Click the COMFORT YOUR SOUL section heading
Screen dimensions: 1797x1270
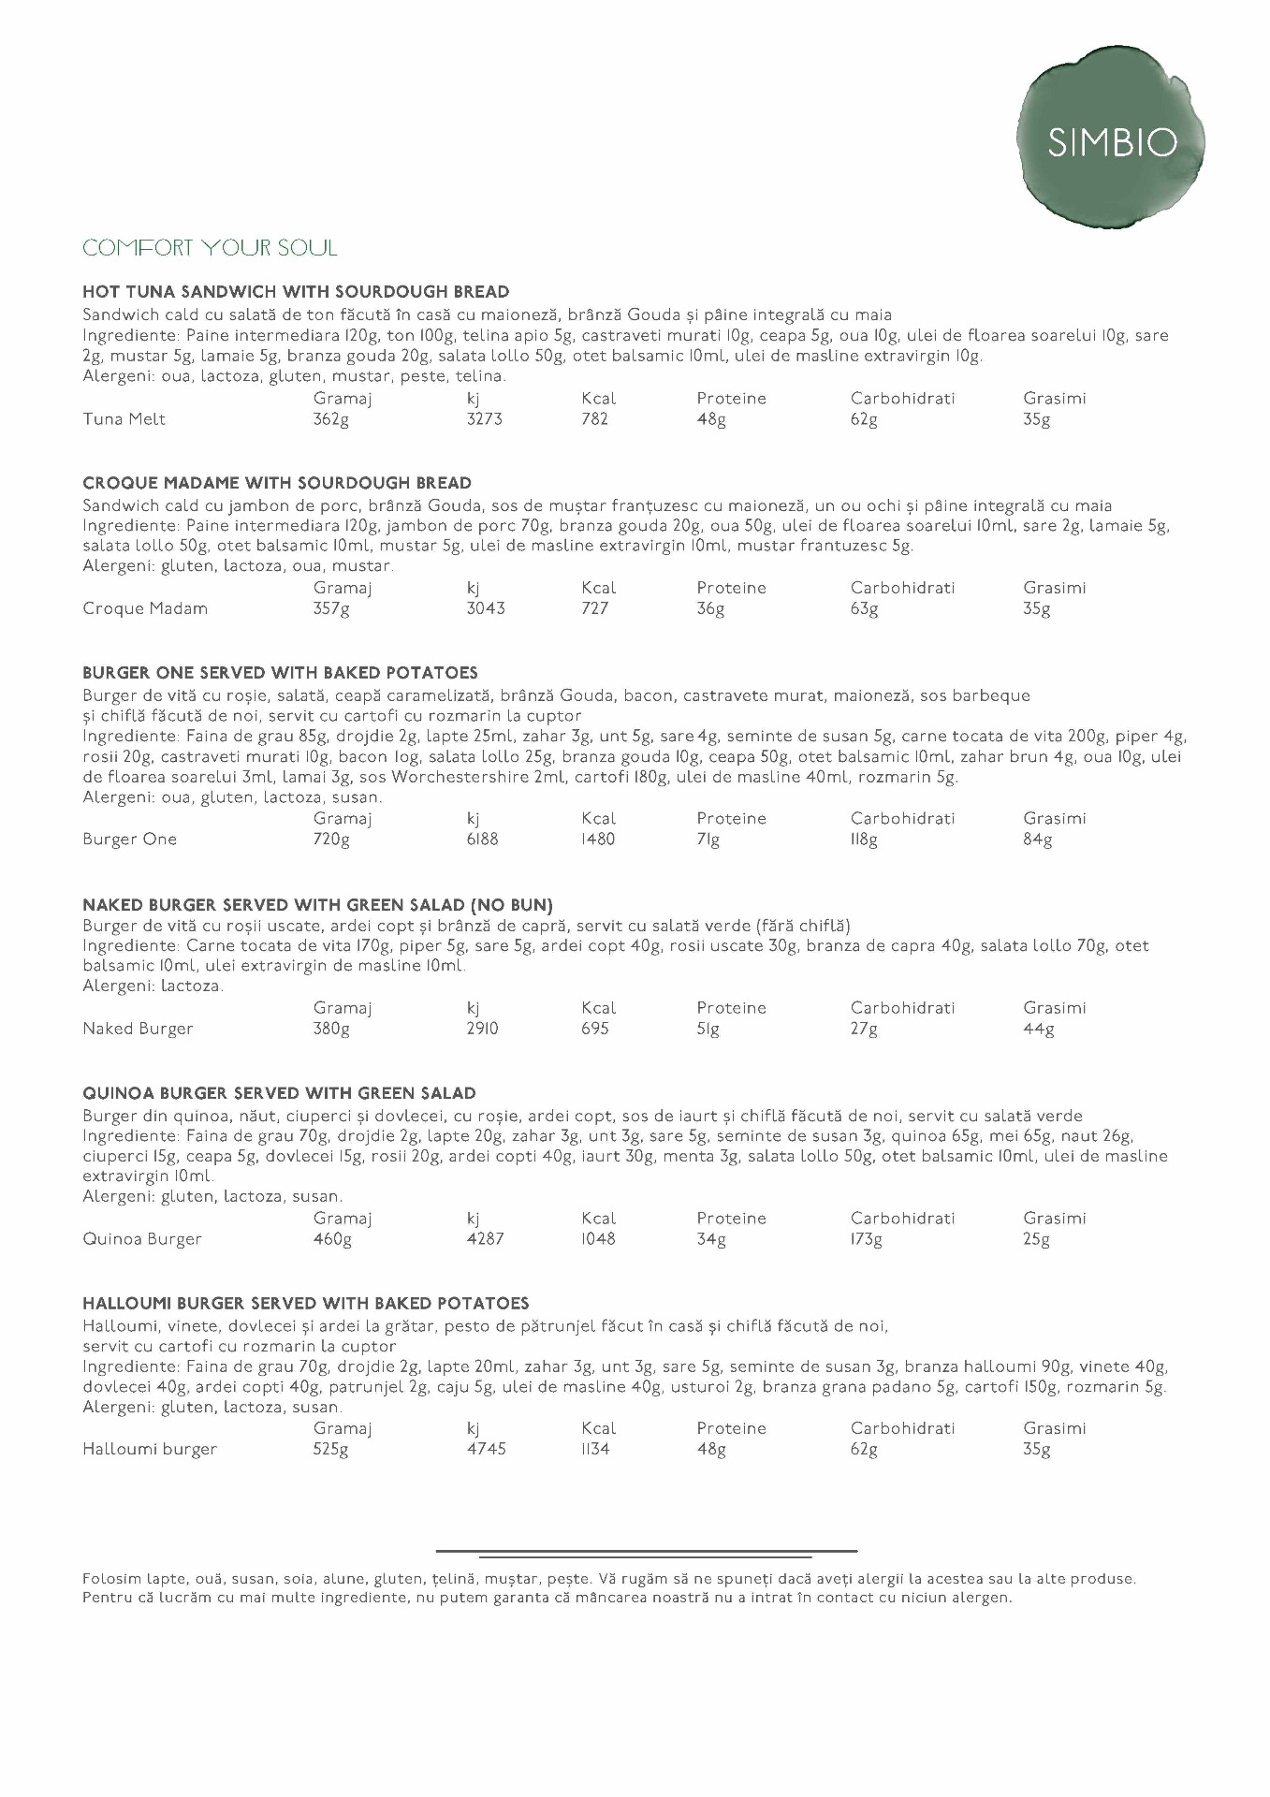point(210,248)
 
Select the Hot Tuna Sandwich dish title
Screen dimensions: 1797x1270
point(296,292)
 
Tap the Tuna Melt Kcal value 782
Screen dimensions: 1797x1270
point(594,419)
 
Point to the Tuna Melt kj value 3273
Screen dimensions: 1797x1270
point(485,419)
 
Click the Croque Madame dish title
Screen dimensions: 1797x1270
point(277,484)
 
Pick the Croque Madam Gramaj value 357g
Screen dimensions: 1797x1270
point(331,609)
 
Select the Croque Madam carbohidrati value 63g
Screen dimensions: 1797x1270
point(864,609)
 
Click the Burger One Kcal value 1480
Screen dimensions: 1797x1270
point(597,840)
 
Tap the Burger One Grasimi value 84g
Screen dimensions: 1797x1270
point(1038,840)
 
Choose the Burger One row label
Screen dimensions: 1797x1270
point(129,840)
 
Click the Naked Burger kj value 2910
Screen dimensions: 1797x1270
point(483,1030)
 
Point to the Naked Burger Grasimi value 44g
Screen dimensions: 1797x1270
point(1039,1030)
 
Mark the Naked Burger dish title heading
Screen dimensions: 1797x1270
point(317,906)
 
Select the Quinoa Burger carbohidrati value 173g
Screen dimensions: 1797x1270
point(867,1239)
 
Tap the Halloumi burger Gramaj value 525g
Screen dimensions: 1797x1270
point(331,1450)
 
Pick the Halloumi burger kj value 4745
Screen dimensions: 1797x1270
point(487,1450)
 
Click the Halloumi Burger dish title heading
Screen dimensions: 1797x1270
point(306,1304)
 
